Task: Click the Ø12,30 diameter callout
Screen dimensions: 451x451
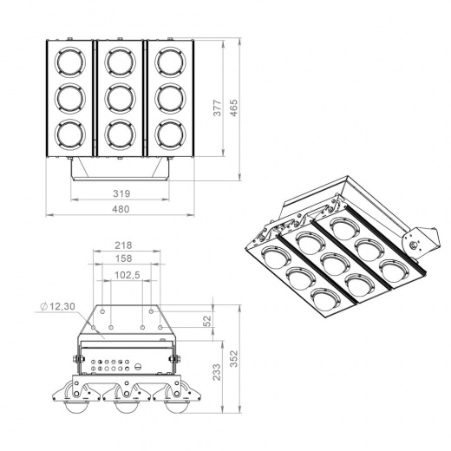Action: pos(62,306)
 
